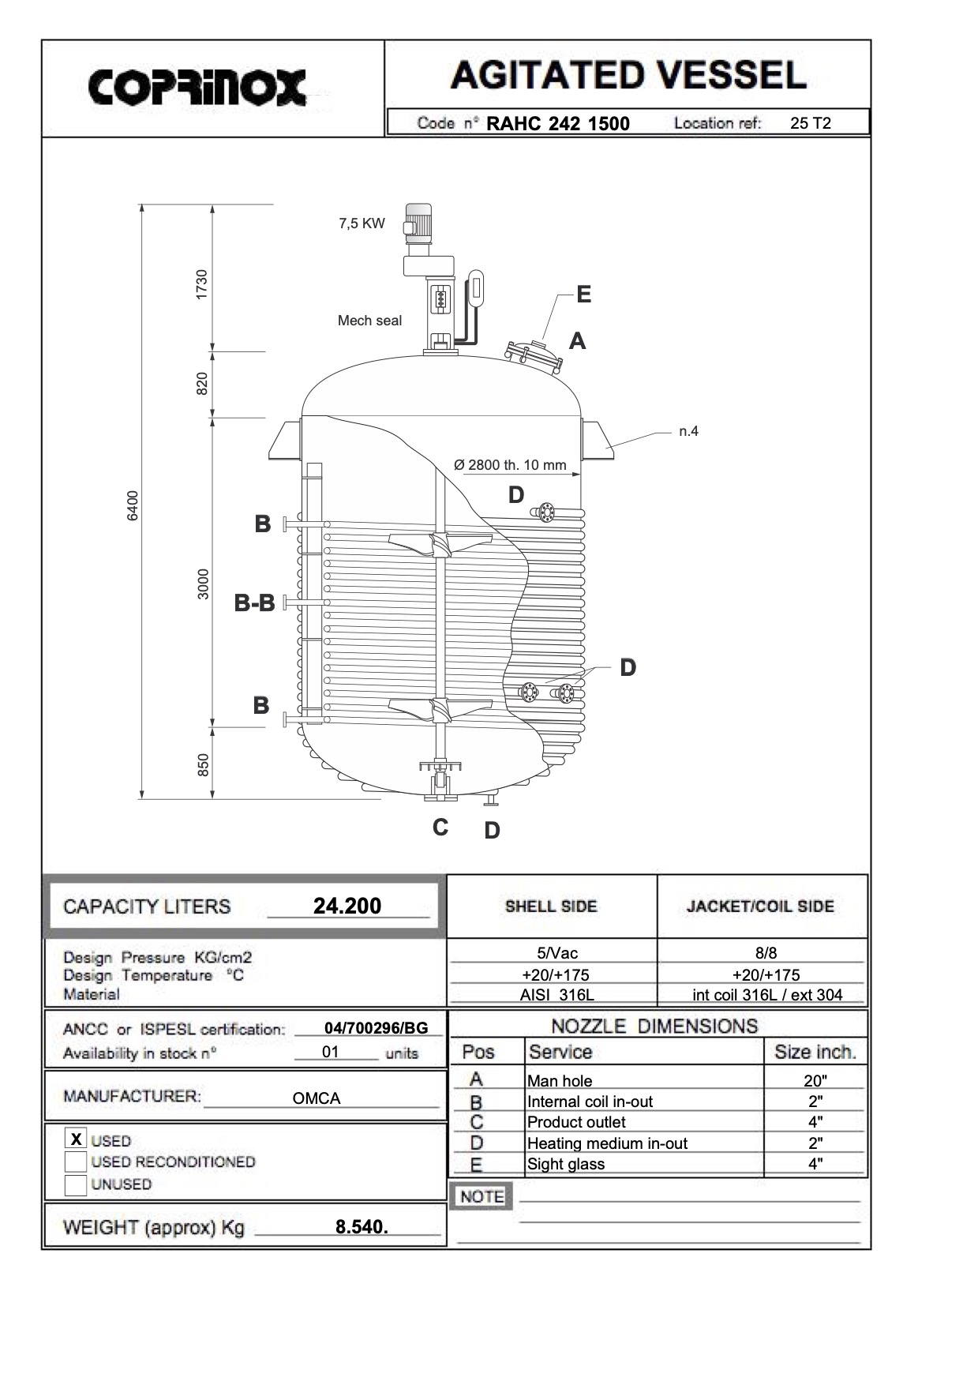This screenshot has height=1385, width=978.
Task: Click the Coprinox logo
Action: (x=197, y=88)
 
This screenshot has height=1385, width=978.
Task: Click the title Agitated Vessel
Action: (x=628, y=76)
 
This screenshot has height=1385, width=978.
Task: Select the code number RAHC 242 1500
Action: (x=558, y=124)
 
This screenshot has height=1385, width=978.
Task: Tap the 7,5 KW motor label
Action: (x=362, y=223)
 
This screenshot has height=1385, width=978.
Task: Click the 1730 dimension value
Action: (x=202, y=284)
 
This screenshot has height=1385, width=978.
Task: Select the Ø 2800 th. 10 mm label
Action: (x=510, y=465)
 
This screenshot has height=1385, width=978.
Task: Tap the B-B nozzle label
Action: (x=254, y=603)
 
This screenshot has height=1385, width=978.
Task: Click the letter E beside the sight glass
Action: (x=583, y=295)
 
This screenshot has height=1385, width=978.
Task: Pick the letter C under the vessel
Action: (x=440, y=828)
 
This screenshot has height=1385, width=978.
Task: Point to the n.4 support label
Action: (x=688, y=431)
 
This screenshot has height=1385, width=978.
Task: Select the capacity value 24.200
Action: (x=347, y=906)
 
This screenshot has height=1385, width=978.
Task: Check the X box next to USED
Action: (x=76, y=1139)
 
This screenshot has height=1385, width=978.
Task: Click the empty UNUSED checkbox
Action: (x=76, y=1184)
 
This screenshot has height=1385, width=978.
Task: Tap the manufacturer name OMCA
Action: (x=317, y=1098)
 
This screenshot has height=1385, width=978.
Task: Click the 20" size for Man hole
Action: (x=815, y=1081)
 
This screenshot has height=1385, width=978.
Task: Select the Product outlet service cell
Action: (x=576, y=1122)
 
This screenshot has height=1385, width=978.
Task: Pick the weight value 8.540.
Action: (x=362, y=1227)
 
